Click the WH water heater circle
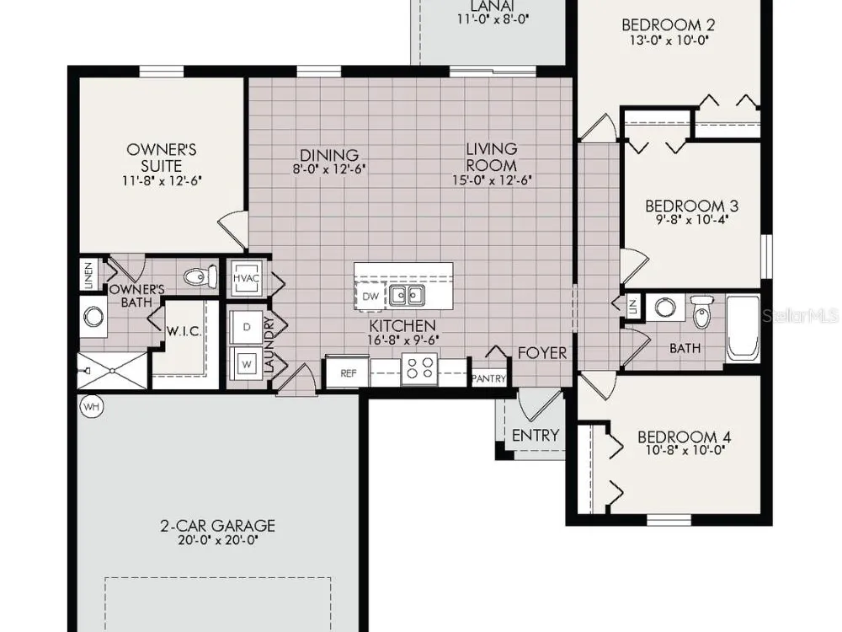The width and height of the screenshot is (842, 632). tap(92, 407)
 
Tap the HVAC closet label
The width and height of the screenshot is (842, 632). tap(247, 278)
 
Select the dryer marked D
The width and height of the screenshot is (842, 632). tap(247, 327)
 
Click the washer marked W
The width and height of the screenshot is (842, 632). tap(247, 364)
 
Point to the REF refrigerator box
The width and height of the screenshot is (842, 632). tap(348, 372)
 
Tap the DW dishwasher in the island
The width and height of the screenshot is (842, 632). tap(370, 296)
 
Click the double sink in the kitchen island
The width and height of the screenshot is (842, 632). tap(407, 295)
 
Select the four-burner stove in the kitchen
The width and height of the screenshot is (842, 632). tap(419, 369)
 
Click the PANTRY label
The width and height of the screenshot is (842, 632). tap(488, 379)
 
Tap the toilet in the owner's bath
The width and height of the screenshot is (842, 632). tap(200, 276)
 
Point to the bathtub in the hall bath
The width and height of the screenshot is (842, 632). tap(743, 329)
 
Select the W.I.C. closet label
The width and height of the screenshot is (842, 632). tap(184, 331)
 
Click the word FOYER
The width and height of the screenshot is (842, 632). tap(542, 353)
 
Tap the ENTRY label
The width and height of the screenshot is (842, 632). tap(536, 435)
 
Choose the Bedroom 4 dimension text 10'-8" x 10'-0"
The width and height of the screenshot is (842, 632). tap(685, 450)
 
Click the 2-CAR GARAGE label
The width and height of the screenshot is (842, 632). tap(217, 525)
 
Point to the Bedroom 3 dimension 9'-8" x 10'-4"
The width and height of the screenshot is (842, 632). tap(691, 219)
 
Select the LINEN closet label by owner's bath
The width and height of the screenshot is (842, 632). tap(88, 276)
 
